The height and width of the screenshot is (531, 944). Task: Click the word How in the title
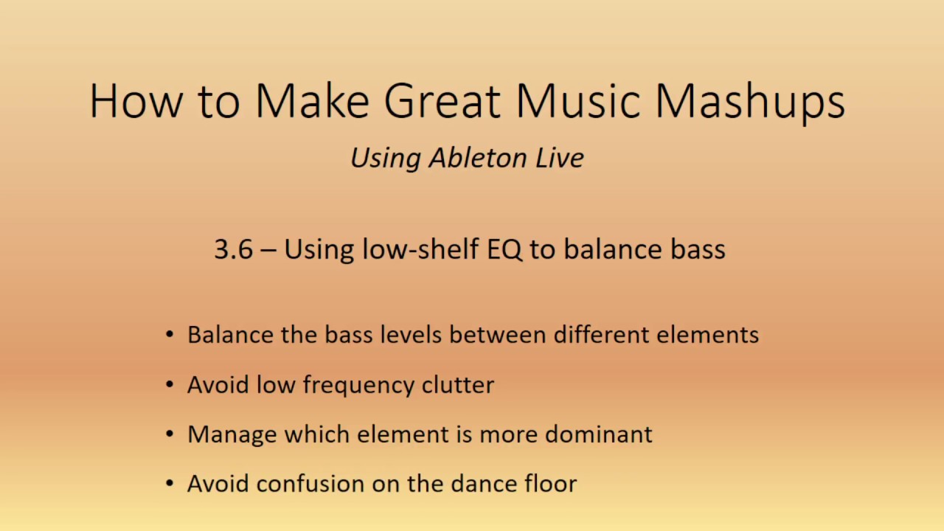[135, 101]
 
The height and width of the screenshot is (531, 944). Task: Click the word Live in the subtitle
[560, 158]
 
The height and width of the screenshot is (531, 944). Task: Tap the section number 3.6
[233, 249]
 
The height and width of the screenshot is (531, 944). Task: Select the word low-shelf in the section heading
[420, 249]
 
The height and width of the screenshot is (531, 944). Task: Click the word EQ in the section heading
[504, 249]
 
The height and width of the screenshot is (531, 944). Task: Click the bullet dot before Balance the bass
[170, 335]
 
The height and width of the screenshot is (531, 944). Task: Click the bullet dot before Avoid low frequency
[170, 384]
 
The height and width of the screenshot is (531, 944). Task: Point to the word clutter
[457, 384]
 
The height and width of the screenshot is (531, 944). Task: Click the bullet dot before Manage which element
[170, 434]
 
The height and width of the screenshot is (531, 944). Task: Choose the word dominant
[598, 434]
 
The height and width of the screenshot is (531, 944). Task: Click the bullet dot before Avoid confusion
[170, 484]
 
